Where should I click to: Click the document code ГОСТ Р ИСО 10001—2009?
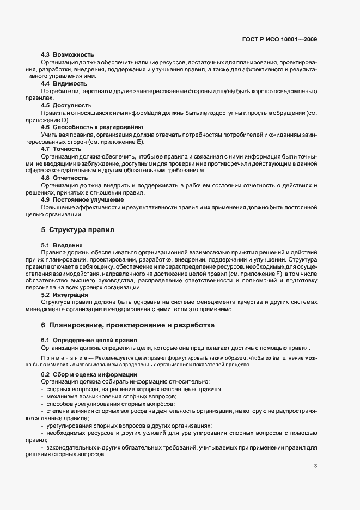[280, 39]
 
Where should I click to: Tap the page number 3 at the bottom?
[315, 466]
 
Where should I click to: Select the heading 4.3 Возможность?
[68, 55]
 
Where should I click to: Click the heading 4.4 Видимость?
[64, 83]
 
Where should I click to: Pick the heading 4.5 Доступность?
[66, 105]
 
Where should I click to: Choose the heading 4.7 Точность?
[61, 148]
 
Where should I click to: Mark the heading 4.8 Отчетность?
[64, 178]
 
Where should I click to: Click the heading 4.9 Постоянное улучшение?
[82, 199]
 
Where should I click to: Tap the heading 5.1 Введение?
[62, 245]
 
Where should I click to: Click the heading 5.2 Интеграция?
[64, 295]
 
